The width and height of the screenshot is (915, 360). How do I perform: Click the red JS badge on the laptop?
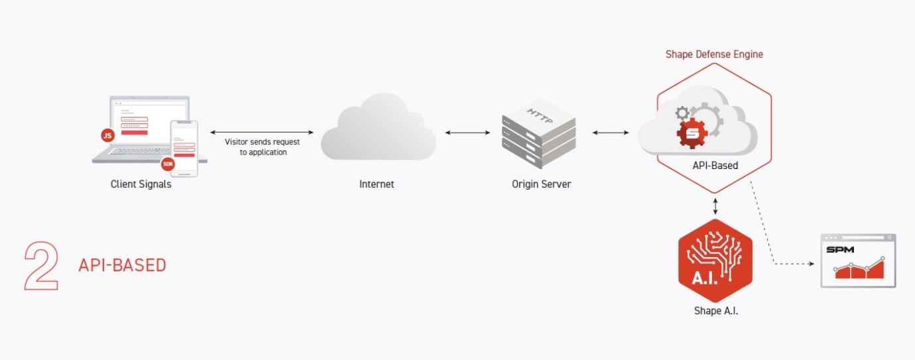pyautogui.click(x=108, y=135)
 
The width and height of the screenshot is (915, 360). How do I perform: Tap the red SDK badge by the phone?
pyautogui.click(x=168, y=164)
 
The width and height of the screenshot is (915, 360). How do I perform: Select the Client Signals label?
pyautogui.click(x=141, y=184)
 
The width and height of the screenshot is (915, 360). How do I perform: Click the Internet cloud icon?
pyautogui.click(x=378, y=127)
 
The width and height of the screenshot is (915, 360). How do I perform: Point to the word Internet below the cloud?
pyautogui.click(x=377, y=184)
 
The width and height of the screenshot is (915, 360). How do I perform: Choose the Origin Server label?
pyautogui.click(x=541, y=184)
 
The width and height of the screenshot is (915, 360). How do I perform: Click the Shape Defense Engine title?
pyautogui.click(x=715, y=54)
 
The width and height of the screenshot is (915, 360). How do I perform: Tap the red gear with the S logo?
pyautogui.click(x=692, y=133)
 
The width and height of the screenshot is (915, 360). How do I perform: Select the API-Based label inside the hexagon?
pyautogui.click(x=715, y=166)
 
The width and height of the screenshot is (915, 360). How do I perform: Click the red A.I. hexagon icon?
pyautogui.click(x=715, y=261)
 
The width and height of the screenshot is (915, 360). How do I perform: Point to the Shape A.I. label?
pyautogui.click(x=716, y=311)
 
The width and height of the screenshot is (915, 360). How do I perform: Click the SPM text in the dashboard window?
pyautogui.click(x=840, y=250)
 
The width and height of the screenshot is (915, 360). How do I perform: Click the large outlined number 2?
pyautogui.click(x=41, y=266)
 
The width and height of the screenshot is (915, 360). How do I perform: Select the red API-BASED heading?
pyautogui.click(x=122, y=265)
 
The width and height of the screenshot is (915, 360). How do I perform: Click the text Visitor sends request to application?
pyautogui.click(x=263, y=147)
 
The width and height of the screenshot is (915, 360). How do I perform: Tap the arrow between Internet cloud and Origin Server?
pyautogui.click(x=467, y=133)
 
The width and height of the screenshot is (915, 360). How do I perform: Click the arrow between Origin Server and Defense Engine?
pyautogui.click(x=611, y=133)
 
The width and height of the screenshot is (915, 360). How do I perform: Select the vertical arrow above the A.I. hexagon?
pyautogui.click(x=715, y=206)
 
